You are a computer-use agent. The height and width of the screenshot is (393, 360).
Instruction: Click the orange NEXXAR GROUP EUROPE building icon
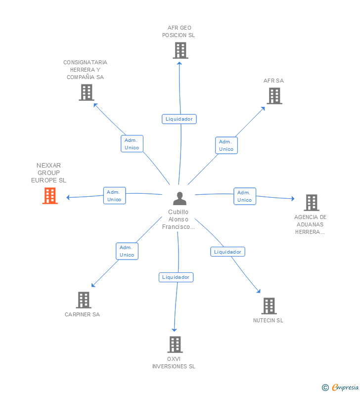50,196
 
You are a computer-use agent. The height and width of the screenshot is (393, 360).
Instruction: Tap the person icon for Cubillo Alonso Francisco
180,199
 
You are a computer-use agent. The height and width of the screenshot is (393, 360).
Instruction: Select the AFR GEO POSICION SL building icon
180,50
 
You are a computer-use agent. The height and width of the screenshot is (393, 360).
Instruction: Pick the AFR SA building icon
274,96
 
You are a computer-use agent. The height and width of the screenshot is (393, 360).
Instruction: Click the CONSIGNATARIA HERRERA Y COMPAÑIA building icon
87,92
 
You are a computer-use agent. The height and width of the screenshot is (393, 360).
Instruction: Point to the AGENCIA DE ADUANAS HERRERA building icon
311,203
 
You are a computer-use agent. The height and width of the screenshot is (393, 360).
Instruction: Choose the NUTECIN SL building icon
269,306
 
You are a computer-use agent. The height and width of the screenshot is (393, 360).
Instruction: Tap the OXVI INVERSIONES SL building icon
175,345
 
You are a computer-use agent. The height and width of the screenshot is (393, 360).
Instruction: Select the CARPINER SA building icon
84,300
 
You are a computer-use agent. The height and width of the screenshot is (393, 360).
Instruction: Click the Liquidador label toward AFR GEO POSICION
179,119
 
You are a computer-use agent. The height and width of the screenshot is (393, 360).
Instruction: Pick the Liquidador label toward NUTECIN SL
227,252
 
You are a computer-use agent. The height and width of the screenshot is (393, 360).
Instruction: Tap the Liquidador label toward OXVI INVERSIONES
176,277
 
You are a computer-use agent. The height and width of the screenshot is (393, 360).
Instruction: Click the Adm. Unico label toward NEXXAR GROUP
114,196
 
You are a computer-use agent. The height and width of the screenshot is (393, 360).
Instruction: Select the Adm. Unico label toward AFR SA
226,145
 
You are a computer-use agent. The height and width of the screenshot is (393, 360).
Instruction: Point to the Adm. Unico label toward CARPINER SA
127,251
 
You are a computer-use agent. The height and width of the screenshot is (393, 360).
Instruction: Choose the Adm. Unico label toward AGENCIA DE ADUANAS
244,196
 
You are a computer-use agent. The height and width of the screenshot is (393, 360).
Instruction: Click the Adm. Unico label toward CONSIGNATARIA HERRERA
132,144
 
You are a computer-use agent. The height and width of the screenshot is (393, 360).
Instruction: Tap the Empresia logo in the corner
341,388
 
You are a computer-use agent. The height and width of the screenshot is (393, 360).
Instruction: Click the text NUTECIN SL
268,320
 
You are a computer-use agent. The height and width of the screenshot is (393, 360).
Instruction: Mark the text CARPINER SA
82,314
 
